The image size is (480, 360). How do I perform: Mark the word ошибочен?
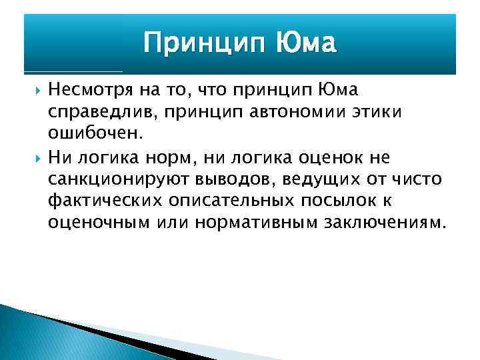pyautogui.click(x=94, y=134)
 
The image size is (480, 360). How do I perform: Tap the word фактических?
pyautogui.click(x=98, y=201)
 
